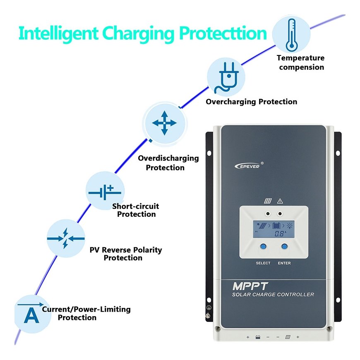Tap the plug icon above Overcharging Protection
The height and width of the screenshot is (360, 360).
[226, 77]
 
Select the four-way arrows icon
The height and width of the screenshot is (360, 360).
[164, 123]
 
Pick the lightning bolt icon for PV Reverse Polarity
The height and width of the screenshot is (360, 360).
[65, 238]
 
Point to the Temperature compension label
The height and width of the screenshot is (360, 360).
[300, 62]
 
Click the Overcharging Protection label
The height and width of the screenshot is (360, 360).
[252, 102]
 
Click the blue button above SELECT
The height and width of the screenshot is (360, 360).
[263, 247]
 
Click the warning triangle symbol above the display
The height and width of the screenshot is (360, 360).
[280, 201]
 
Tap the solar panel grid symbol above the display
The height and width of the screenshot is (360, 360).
[268, 201]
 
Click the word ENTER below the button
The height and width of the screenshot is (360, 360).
[284, 263]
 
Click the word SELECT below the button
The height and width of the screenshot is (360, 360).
[263, 263]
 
